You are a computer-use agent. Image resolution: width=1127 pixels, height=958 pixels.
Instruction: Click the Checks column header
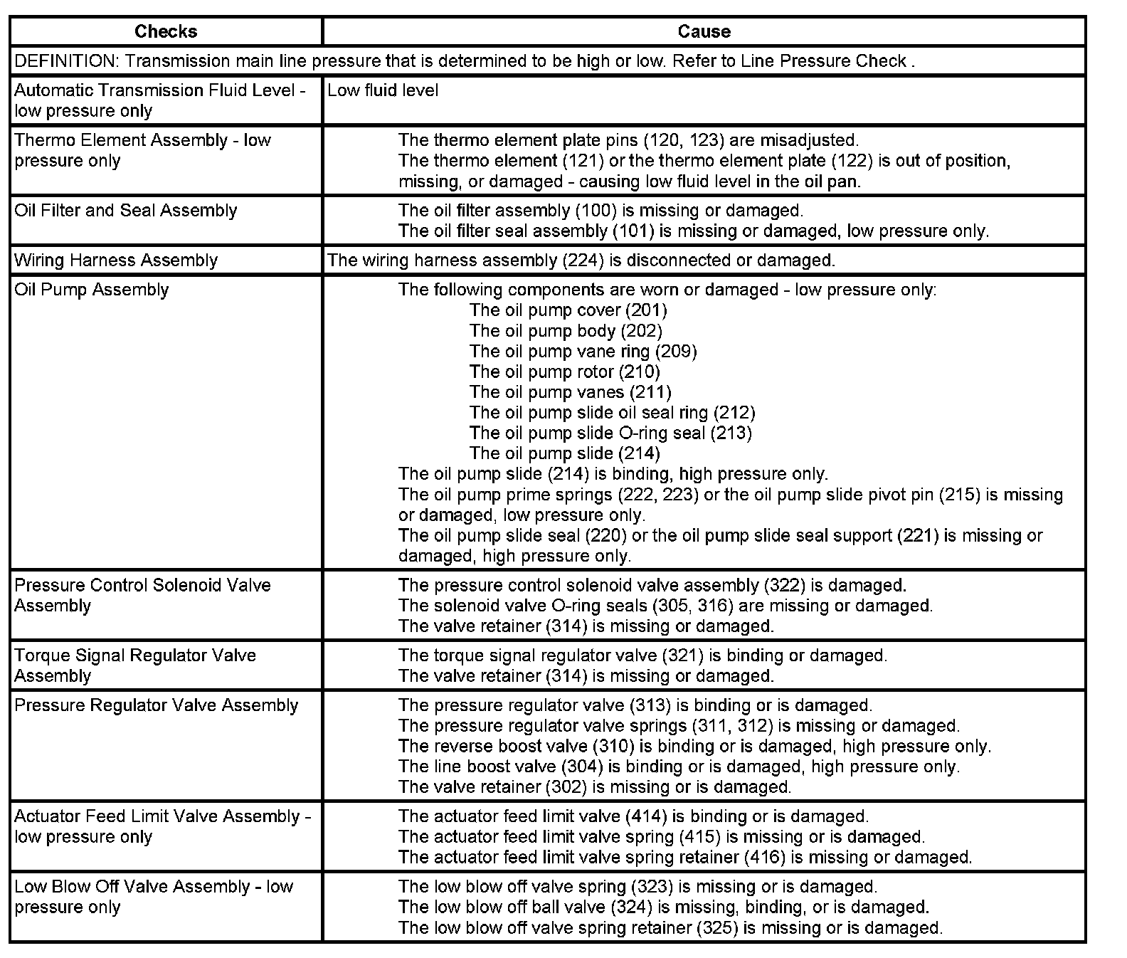coord(165,31)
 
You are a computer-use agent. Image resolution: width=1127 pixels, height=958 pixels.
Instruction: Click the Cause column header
coord(704,31)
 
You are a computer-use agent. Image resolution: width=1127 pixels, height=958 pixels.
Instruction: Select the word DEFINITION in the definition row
coord(65,61)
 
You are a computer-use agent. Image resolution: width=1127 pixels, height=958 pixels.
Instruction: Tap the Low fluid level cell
coord(383,90)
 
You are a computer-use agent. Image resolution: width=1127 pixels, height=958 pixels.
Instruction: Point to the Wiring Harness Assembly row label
coord(116,260)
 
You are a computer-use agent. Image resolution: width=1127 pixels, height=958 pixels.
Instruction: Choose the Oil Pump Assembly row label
coord(92,290)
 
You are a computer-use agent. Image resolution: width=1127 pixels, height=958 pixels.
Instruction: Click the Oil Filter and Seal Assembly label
coord(125,211)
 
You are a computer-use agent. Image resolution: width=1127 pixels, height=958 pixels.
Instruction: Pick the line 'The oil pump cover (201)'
coord(568,310)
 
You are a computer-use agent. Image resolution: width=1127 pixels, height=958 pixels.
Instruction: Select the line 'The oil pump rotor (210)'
coord(564,372)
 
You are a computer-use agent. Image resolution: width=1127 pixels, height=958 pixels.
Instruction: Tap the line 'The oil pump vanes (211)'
coord(570,392)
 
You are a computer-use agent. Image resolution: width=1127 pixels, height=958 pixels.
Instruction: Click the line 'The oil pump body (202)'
coord(566,331)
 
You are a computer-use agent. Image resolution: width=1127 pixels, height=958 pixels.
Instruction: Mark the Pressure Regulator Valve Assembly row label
coord(156,705)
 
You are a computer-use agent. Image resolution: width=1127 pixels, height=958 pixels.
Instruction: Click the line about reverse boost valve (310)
coord(694,747)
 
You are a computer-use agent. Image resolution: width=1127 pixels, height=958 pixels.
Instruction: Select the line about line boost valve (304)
coord(679,767)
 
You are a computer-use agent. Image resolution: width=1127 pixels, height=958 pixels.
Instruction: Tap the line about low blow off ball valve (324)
coord(663,907)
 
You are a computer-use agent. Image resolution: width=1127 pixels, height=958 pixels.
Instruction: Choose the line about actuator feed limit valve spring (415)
coord(661,837)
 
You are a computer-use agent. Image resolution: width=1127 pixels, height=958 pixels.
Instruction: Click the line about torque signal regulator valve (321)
coord(642,656)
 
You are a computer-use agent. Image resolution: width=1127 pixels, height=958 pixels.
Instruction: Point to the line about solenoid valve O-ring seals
coord(665,606)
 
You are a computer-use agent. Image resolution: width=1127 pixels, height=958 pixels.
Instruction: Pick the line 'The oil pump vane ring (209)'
coord(583,352)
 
